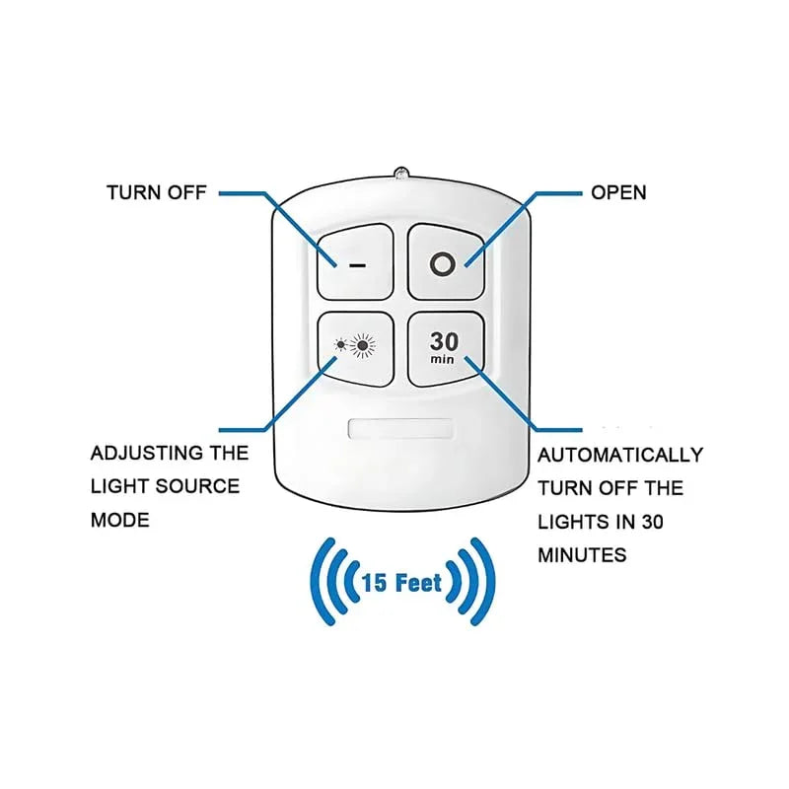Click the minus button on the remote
[354, 262]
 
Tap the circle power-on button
[444, 262]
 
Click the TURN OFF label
[157, 192]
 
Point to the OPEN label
[618, 192]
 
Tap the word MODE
[119, 520]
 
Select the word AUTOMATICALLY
[620, 455]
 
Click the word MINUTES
[582, 554]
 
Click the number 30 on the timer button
[443, 341]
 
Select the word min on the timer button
[443, 360]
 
